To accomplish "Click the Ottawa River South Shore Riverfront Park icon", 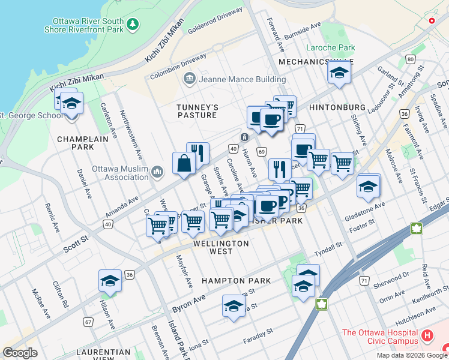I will tap(133, 25).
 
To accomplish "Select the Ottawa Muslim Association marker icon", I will tap(157, 173).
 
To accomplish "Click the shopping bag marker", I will tap(183, 164).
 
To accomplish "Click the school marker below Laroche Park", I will tap(339, 74).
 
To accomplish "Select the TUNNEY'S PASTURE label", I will tap(196, 111).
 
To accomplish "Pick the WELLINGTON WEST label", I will tap(221, 247).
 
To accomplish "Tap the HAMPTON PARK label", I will tap(236, 281).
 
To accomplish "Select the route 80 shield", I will tap(410, 59).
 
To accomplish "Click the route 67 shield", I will tap(88, 322).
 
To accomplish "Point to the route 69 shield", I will tap(262, 152).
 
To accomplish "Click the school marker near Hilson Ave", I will tap(110, 281).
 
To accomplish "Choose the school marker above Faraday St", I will tap(234, 306).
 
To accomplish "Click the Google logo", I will tap(20, 353).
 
